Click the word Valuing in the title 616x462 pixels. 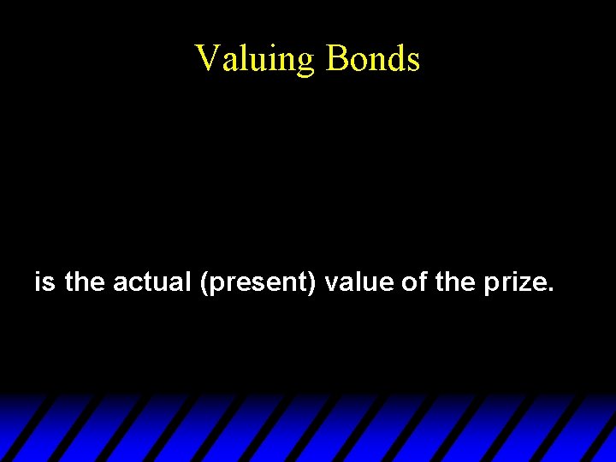[x=255, y=59]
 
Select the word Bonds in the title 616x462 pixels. [x=373, y=59]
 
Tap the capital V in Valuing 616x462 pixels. [x=206, y=58]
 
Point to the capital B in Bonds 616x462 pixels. [x=336, y=58]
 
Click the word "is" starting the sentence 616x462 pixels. [x=44, y=281]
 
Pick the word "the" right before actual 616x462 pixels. [x=84, y=281]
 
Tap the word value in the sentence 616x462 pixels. [x=359, y=281]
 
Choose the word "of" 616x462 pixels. [x=414, y=281]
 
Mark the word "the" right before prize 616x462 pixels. [x=454, y=281]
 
